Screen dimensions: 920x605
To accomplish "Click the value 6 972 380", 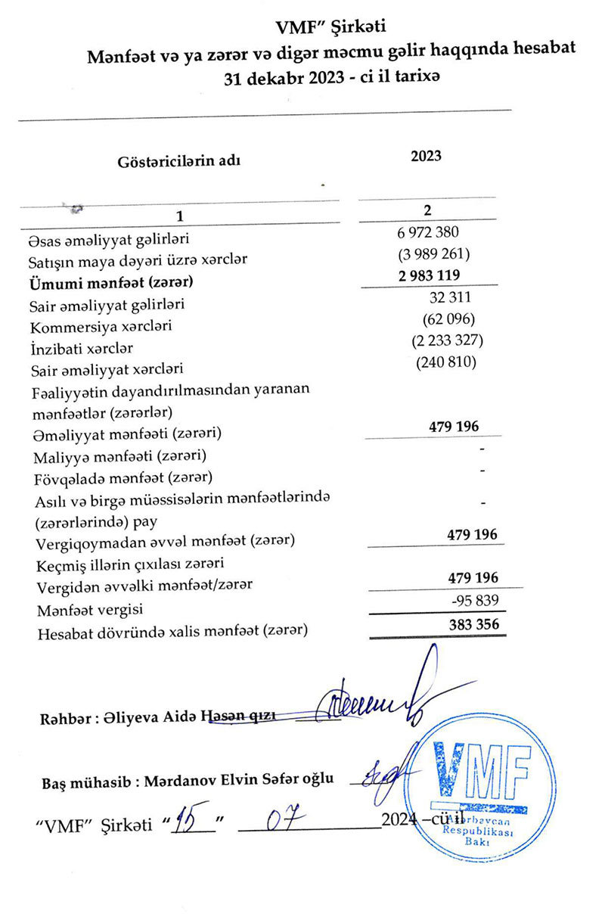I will click(427, 232).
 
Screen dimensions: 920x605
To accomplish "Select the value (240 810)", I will click(446, 362).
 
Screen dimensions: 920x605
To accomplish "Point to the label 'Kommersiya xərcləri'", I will click(101, 328).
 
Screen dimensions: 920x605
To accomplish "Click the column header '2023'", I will click(426, 157).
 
